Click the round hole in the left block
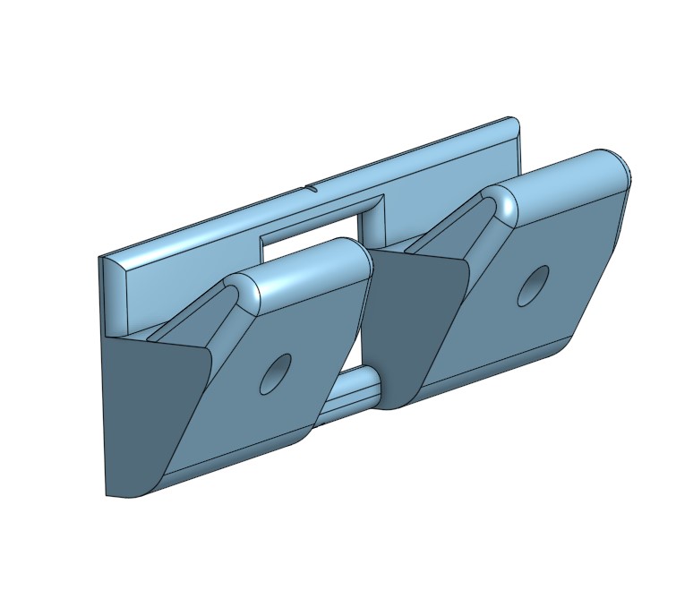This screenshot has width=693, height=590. point(276,374)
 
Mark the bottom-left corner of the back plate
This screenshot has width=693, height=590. point(107,494)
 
